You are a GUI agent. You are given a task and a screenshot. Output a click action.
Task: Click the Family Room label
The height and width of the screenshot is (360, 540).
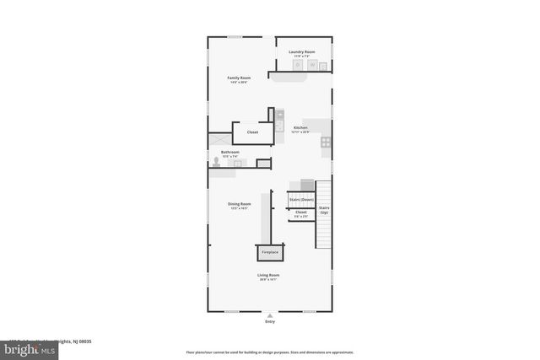click(239, 78)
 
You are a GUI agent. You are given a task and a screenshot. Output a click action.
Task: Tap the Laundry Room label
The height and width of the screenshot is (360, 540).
click(301, 51)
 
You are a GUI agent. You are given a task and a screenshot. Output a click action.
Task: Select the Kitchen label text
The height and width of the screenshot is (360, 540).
click(300, 128)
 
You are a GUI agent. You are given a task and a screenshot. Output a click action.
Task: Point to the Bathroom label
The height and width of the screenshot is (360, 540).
click(230, 152)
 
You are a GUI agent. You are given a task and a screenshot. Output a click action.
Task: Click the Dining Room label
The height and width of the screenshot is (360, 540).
click(239, 203)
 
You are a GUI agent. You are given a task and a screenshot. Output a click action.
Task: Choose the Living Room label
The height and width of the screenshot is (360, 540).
click(268, 275)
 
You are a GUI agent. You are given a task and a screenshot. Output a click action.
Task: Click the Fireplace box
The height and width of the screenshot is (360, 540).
click(270, 252)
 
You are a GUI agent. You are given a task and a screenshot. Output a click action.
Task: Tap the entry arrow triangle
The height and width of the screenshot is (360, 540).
click(270, 315)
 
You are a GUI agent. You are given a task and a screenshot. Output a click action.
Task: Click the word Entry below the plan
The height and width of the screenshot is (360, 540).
click(270, 321)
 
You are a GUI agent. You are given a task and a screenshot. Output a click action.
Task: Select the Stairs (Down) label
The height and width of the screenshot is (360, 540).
click(301, 199)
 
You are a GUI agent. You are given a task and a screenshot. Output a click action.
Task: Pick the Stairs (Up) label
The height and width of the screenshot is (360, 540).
click(324, 208)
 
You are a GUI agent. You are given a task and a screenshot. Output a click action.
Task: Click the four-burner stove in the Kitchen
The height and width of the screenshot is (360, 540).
click(325, 142)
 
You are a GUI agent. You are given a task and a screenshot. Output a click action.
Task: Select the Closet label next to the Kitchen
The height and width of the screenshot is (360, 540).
click(252, 132)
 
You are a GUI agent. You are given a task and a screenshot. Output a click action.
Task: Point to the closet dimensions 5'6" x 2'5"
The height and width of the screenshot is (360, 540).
click(301, 217)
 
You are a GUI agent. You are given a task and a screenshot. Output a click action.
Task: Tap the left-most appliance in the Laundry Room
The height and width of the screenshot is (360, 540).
click(298, 65)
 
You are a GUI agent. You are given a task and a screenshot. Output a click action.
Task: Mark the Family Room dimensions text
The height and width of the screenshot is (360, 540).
click(239, 83)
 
